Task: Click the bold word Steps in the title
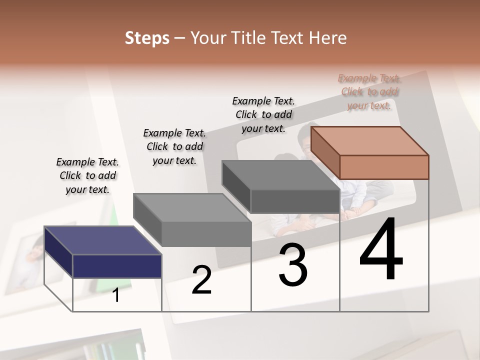(147, 38)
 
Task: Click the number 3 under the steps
(293, 265)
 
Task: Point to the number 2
(201, 280)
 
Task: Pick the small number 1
(116, 295)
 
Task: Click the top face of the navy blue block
(103, 240)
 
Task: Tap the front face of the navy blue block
(117, 266)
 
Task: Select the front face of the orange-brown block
(384, 167)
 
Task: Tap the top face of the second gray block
(192, 208)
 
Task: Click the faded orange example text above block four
(369, 91)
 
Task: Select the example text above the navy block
(87, 175)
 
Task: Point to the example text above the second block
(174, 146)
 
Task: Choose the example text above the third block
(263, 114)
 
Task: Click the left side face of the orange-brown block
(325, 152)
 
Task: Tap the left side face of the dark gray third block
(236, 186)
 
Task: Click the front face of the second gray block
(206, 234)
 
